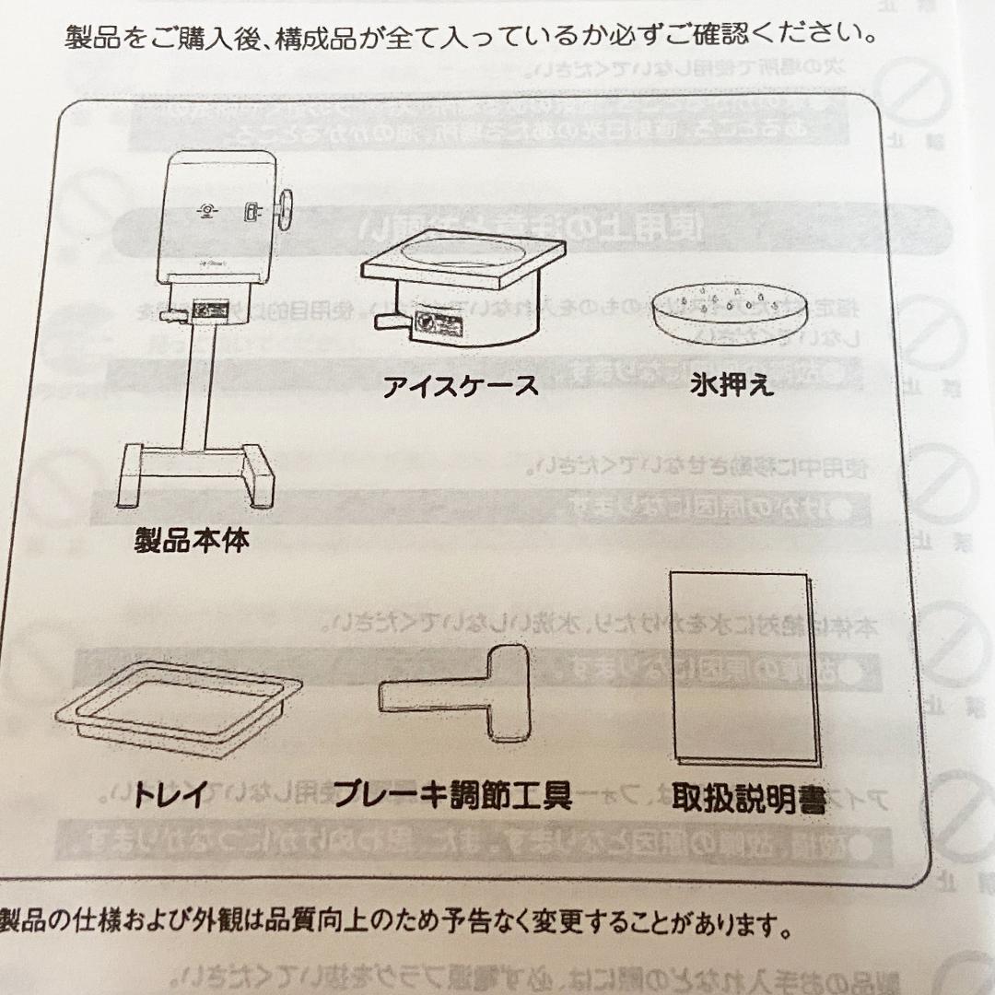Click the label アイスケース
[x=461, y=386]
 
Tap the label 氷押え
[x=732, y=384]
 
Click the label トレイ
[x=171, y=793]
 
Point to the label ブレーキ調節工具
[x=452, y=794]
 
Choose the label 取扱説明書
[x=748, y=798]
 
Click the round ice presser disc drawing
[x=729, y=312]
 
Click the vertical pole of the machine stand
[x=195, y=387]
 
